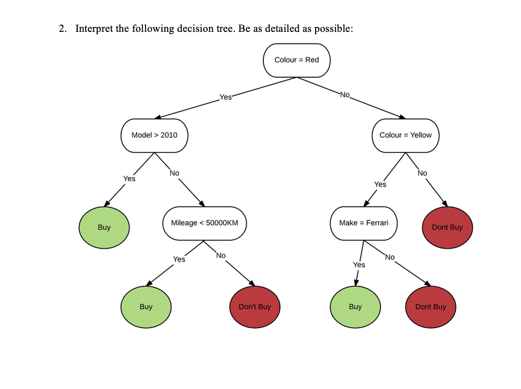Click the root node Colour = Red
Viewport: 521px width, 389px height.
[297, 60]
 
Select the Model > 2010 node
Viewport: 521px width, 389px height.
[154, 135]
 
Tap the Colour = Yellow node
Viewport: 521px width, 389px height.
[405, 135]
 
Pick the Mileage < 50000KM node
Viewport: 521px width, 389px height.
[204, 223]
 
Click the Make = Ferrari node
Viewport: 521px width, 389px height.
[363, 223]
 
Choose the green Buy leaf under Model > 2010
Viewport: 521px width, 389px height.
[104, 227]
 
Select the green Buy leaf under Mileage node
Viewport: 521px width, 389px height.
[145, 307]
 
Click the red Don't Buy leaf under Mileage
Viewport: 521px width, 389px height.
[255, 307]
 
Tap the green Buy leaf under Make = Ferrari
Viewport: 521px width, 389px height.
[355, 307]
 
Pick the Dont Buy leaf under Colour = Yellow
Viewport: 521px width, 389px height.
[447, 227]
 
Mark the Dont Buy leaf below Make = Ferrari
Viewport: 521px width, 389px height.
[430, 307]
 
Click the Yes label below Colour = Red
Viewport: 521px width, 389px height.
[225, 97]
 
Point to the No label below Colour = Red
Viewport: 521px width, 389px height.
[345, 94]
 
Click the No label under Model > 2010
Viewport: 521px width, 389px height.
[174, 173]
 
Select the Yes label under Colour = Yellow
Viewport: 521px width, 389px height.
[380, 184]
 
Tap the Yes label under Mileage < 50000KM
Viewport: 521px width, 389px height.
[179, 259]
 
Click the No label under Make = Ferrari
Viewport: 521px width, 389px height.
[390, 257]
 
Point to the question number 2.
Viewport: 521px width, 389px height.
[62, 28]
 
